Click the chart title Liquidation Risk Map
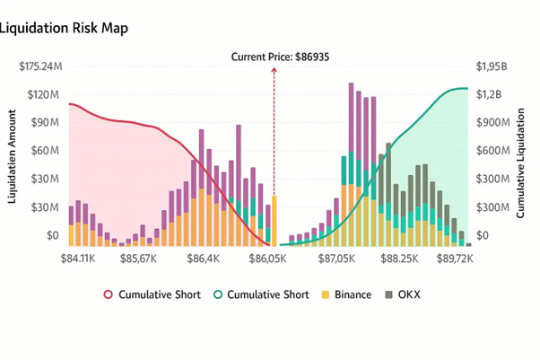point(65,28)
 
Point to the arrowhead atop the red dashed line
point(274,69)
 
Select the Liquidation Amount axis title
point(13,158)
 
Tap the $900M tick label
point(494,122)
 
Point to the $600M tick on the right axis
point(494,151)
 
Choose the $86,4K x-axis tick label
point(202,259)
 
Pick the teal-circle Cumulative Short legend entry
point(260,294)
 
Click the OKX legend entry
point(404,294)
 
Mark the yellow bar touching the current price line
point(274,220)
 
